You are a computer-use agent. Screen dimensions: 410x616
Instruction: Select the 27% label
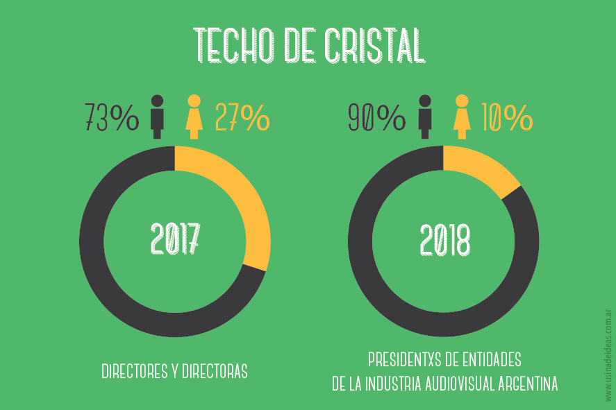[242, 117]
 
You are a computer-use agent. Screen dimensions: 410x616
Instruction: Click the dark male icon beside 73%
[158, 116]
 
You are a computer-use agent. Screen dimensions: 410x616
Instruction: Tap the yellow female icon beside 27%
[194, 116]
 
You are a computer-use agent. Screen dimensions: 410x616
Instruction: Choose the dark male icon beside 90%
[424, 116]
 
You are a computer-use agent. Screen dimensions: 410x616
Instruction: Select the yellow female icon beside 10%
[460, 116]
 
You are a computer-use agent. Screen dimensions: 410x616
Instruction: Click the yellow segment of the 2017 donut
[247, 201]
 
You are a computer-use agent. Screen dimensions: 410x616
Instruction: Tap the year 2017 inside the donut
[175, 239]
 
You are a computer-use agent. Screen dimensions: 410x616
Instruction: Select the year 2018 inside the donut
[444, 241]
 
